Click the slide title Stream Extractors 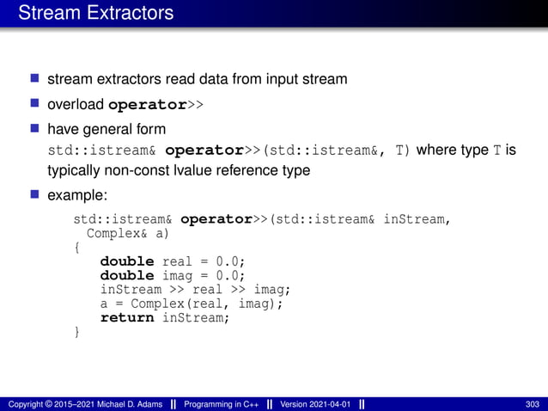coord(95,13)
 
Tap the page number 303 coord(531,403)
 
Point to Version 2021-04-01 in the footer coord(315,403)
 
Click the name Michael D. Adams coord(130,403)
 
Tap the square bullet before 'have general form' coord(35,129)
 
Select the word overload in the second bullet coord(76,105)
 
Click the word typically coord(74,170)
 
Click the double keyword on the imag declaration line coord(127,275)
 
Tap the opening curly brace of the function coord(77,248)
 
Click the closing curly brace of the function coord(77,331)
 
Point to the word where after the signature coord(436,150)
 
